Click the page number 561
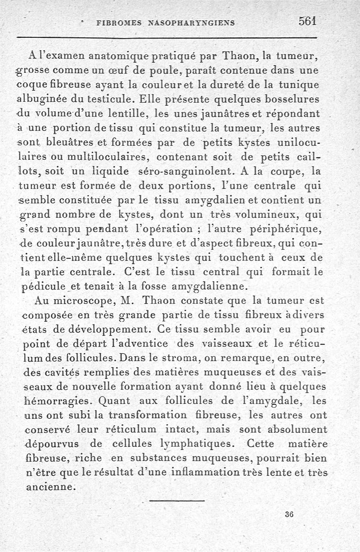tap(307, 21)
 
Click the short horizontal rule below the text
tap(177, 500)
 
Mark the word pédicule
tap(44, 287)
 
